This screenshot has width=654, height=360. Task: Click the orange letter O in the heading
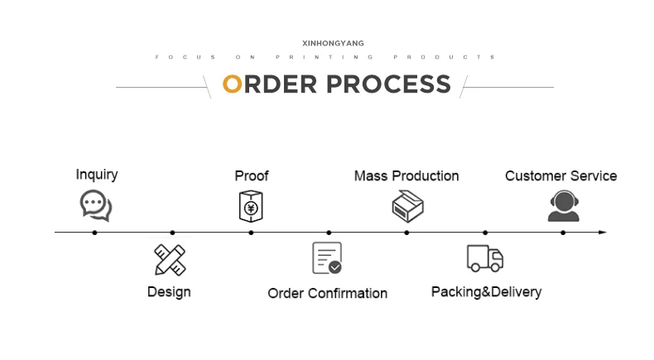tap(233, 84)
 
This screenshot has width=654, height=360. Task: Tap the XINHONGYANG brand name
tap(334, 43)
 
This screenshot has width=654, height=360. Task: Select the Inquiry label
tap(97, 175)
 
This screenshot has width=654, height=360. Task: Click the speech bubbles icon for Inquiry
tap(95, 205)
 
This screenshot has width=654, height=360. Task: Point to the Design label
tap(169, 291)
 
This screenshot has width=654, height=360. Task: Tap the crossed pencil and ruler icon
tap(171, 260)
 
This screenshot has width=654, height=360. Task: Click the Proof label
tap(252, 175)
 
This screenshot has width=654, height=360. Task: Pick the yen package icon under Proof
tap(251, 206)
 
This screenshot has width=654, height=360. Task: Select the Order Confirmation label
tap(327, 293)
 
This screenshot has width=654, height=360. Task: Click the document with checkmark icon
tap(326, 258)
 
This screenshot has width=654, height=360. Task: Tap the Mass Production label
tap(406, 175)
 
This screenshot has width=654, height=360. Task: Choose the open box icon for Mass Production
tap(407, 206)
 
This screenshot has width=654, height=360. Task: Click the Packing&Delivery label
tap(486, 291)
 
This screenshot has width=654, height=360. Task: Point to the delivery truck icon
tap(485, 258)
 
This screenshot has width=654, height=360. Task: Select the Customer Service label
tap(561, 175)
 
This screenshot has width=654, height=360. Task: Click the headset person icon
tap(563, 206)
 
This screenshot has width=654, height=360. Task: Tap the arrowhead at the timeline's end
tap(604, 233)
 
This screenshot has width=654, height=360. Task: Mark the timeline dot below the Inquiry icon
tap(94, 233)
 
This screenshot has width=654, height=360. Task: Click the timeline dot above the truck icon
tap(485, 233)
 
